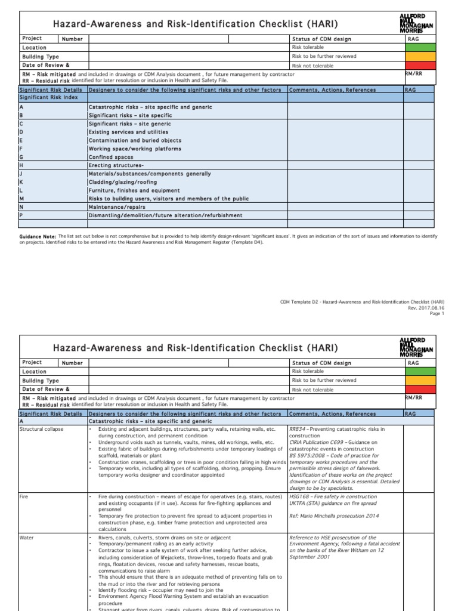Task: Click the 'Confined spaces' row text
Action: [x=111, y=157]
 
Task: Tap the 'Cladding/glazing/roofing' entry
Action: [x=123, y=182]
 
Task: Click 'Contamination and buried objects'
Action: [x=135, y=140]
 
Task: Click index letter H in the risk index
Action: [x=21, y=165]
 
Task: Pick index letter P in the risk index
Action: [x=21, y=215]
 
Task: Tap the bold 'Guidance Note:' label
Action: [x=38, y=237]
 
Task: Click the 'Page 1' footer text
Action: [x=437, y=313]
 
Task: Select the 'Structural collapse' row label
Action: [x=41, y=429]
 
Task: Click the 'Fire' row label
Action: [x=24, y=496]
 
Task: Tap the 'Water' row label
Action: [x=27, y=538]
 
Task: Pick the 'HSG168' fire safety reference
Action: [x=299, y=496]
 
